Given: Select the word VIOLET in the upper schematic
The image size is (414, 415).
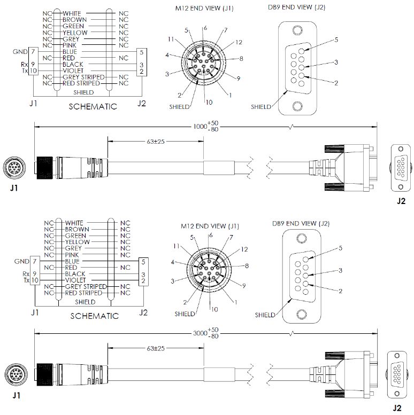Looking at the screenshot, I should coord(73,71).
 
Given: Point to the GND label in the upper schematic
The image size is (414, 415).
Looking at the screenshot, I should coord(20,52).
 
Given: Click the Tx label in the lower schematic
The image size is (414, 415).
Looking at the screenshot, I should coord(26,280).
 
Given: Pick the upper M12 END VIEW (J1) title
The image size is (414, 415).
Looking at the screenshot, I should coord(204,8).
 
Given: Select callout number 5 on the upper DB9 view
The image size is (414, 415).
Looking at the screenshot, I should coord(336,40).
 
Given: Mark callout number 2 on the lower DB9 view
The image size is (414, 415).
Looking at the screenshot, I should coord(341,291).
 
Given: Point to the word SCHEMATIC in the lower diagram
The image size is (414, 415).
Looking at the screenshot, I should coord(94,316).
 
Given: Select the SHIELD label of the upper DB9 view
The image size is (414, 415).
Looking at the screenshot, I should coord(260,107).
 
